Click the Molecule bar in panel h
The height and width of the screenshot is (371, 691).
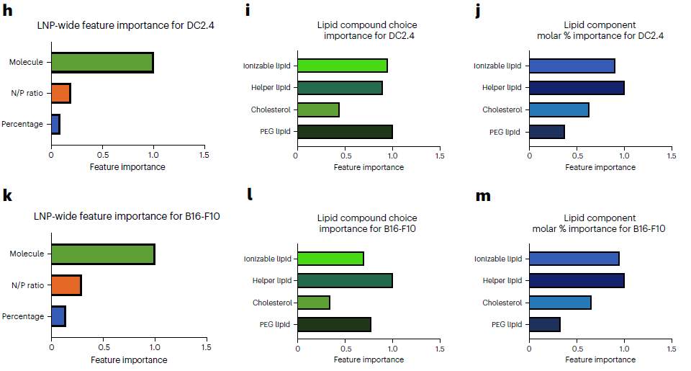point(101,63)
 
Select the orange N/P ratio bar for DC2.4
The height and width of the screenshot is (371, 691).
point(60,94)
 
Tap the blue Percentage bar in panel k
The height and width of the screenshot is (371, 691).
point(58,316)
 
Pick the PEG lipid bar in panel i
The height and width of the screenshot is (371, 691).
point(344,132)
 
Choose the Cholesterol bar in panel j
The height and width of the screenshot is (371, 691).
point(559,109)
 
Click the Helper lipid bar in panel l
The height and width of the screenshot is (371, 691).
point(344,280)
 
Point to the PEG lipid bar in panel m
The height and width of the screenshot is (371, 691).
point(544,324)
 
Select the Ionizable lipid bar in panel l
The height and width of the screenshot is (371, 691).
point(330,259)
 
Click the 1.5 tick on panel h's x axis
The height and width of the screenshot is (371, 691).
point(204,155)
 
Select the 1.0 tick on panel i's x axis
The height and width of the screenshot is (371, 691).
point(392,155)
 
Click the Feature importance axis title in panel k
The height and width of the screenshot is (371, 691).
point(130,359)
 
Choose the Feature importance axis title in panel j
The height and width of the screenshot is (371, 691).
point(600,167)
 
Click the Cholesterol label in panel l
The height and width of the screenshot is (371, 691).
point(271,303)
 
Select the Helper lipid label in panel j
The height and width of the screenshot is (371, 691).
point(502,88)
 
